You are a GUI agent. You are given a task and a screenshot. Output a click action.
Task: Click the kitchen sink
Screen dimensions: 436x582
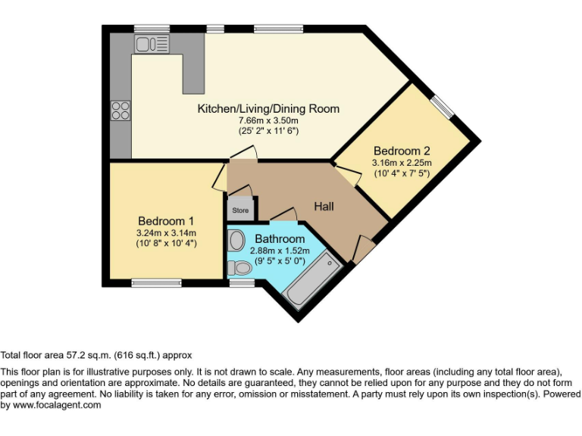tap(152, 44)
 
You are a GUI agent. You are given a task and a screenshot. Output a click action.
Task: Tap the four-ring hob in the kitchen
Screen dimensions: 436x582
tap(120, 111)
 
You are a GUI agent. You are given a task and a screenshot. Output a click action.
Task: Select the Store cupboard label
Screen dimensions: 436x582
tap(239, 210)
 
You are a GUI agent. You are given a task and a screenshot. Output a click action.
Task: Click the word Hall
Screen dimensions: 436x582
tap(324, 206)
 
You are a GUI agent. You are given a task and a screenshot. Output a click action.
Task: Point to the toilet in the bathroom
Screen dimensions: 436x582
tap(240, 267)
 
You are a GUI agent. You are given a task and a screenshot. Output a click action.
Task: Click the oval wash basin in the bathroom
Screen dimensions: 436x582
tap(236, 241)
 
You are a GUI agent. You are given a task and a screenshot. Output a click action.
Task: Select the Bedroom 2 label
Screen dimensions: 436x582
tap(401, 150)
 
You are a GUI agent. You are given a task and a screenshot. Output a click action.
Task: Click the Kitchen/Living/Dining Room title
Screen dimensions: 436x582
tap(268, 108)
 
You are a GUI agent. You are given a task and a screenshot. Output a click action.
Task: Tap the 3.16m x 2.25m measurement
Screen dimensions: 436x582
tap(401, 162)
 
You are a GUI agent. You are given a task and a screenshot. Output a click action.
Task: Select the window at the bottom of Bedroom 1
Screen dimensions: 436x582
tap(145, 283)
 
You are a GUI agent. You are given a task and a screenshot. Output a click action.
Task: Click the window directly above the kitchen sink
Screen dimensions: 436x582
tap(152, 29)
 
